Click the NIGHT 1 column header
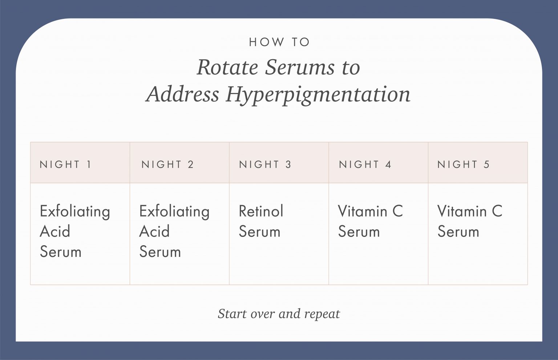pos(65,164)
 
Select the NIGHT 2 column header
pos(167,164)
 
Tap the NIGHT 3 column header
pos(265,164)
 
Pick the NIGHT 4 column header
pos(365,164)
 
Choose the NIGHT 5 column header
pos(464,164)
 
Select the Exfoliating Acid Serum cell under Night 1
pos(75,231)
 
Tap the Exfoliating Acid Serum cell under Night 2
pos(174,231)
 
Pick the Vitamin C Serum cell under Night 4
pos(370,221)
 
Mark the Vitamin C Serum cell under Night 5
pos(470,221)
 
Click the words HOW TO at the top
pos(279,42)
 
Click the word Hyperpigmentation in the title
pos(318,94)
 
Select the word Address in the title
pos(183,94)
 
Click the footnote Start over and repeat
pos(279,314)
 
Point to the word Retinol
pos(261,211)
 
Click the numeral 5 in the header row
pos(486,164)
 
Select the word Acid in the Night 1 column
pos(55,231)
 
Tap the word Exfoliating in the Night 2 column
pos(174,211)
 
